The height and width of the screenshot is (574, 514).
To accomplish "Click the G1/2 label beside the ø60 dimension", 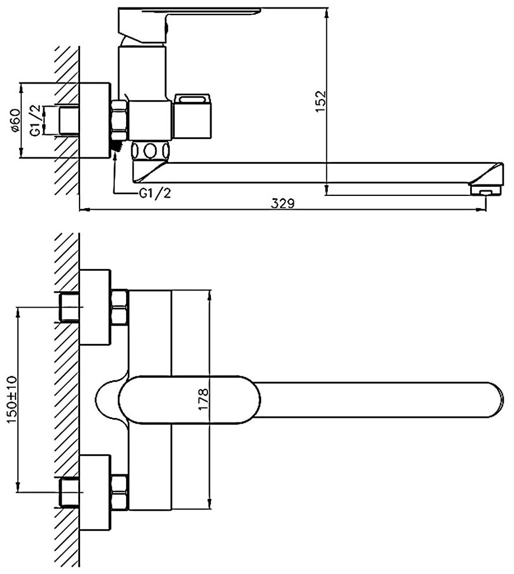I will coord(35,122).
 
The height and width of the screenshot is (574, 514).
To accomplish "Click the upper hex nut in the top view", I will coord(120,307).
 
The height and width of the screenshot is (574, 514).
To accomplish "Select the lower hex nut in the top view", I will coord(120,491).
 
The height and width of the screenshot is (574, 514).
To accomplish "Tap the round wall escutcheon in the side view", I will coord(93,120).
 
